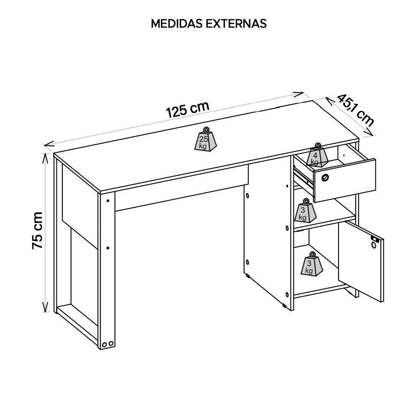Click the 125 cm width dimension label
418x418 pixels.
(x=188, y=110)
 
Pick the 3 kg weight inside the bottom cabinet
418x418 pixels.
(x=311, y=264)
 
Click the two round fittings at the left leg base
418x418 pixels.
(x=108, y=344)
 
